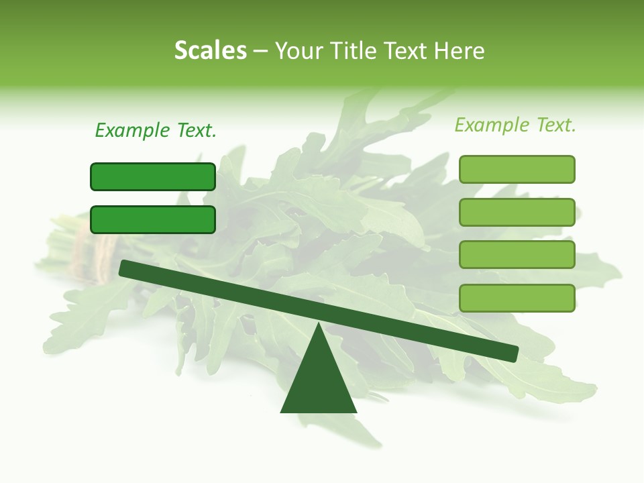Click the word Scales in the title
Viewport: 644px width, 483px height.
pyautogui.click(x=210, y=50)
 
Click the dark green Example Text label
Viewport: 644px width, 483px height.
pyautogui.click(x=155, y=130)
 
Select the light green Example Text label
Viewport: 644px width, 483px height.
pyautogui.click(x=515, y=125)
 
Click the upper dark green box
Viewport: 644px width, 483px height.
pyautogui.click(x=153, y=176)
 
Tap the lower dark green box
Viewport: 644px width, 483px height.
pyautogui.click(x=153, y=219)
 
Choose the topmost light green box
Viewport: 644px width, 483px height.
pyautogui.click(x=517, y=169)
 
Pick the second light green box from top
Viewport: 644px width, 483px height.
pyautogui.click(x=517, y=212)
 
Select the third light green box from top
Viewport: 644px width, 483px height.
pyautogui.click(x=517, y=255)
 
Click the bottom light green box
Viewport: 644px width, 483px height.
pyautogui.click(x=517, y=298)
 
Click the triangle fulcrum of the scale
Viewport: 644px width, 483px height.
pyautogui.click(x=319, y=382)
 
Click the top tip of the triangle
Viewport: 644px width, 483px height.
pyautogui.click(x=319, y=326)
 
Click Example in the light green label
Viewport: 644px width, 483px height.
pyautogui.click(x=491, y=125)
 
